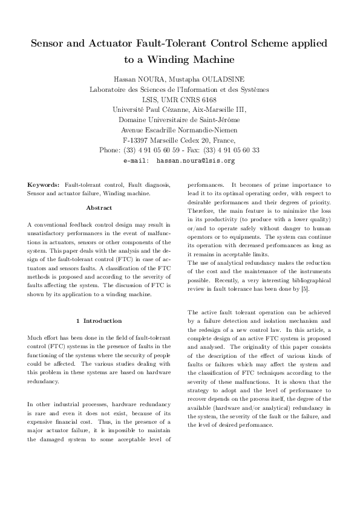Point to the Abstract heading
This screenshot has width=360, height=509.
(x=99, y=207)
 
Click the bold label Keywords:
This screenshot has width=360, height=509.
(x=44, y=184)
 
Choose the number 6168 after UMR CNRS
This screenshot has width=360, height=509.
(x=205, y=99)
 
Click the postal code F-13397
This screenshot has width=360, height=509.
(x=137, y=140)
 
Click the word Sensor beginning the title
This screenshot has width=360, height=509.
(x=50, y=44)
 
